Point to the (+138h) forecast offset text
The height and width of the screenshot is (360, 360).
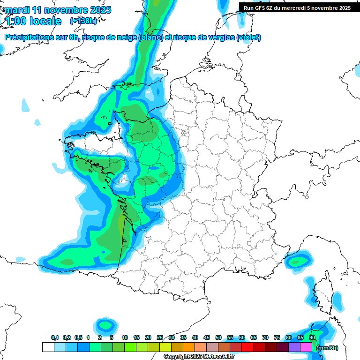[85, 21]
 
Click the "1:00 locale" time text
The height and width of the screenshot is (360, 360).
[33, 21]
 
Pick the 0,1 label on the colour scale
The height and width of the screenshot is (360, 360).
[55, 337]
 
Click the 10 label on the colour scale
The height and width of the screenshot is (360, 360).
[125, 337]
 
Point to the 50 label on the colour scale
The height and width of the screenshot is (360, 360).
[218, 337]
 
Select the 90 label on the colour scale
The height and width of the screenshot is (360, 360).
[312, 337]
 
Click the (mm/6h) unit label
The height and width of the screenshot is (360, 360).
[327, 348]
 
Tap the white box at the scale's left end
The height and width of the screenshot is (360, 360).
[48, 347]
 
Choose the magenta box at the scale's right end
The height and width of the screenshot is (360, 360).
[306, 347]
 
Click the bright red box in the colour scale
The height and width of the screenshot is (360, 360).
[247, 347]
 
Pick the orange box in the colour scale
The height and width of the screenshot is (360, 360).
[189, 347]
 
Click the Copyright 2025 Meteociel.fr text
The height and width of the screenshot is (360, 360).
[198, 357]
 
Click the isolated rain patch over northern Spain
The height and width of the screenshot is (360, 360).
[105, 324]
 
